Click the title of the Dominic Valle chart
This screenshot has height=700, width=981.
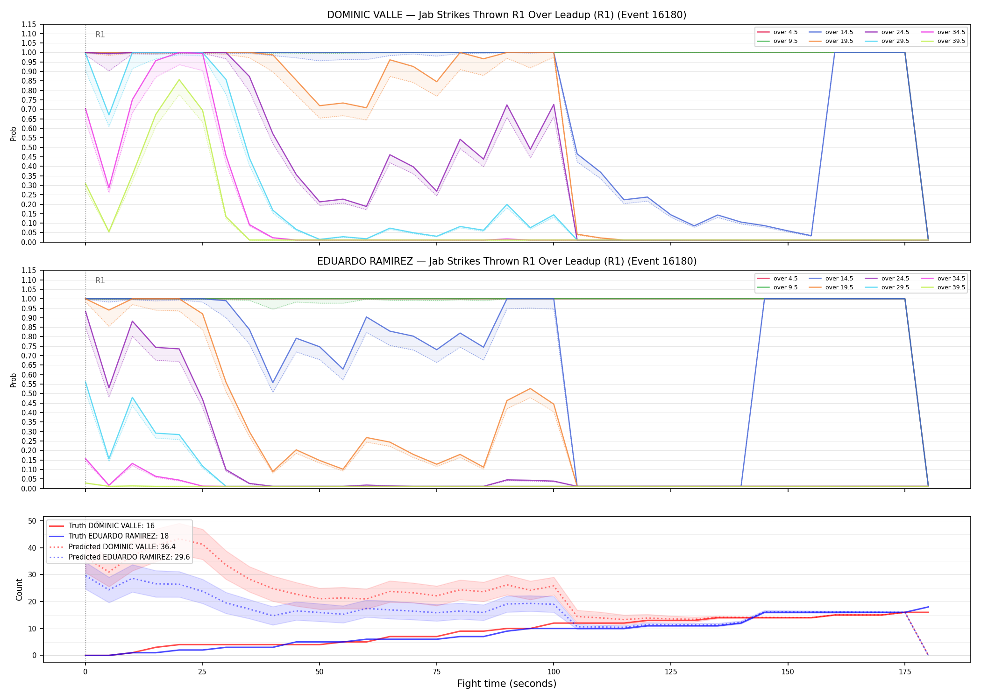click(x=506, y=15)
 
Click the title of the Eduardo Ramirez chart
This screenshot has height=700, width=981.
click(x=507, y=261)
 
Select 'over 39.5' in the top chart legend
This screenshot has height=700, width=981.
click(x=951, y=41)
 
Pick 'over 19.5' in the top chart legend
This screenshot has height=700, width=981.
click(x=839, y=41)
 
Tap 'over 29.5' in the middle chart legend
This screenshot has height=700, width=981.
click(x=895, y=287)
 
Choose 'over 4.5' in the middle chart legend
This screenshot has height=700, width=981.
click(x=785, y=279)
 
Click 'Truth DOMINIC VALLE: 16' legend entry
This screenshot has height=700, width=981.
click(x=111, y=526)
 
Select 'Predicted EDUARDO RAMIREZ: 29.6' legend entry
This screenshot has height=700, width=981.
click(x=129, y=557)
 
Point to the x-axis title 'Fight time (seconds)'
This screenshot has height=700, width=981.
click(x=507, y=684)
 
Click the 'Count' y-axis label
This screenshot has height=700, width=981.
click(x=19, y=589)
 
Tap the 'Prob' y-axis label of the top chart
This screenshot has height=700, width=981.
click(x=14, y=133)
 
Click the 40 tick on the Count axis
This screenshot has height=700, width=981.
click(x=32, y=548)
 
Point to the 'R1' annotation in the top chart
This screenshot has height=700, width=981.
click(x=100, y=35)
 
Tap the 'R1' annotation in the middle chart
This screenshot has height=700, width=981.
click(x=100, y=280)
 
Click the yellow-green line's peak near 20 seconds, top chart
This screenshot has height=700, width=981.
click(x=179, y=80)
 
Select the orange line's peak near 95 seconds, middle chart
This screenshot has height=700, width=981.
click(x=530, y=389)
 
